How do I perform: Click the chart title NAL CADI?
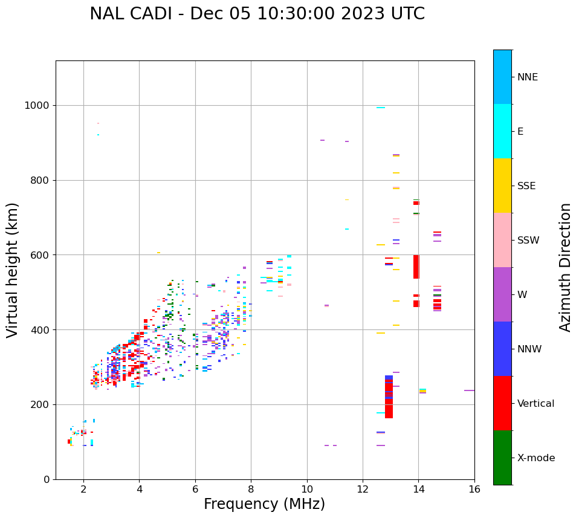pyautogui.click(x=257, y=14)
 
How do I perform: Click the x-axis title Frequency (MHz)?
pyautogui.click(x=264, y=504)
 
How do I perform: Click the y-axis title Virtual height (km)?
pyautogui.click(x=13, y=270)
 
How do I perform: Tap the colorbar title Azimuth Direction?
pyautogui.click(x=565, y=267)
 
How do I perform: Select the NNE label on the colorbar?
pyautogui.click(x=527, y=77)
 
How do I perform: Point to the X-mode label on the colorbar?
pyautogui.click(x=535, y=458)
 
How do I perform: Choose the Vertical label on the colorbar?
pyautogui.click(x=535, y=404)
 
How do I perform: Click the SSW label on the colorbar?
pyautogui.click(x=528, y=241)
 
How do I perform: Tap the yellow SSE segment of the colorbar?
pyautogui.click(x=502, y=186)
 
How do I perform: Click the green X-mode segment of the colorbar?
pyautogui.click(x=502, y=458)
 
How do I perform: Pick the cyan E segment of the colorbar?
pyautogui.click(x=502, y=131)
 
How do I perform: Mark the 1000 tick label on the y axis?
pyautogui.click(x=37, y=106)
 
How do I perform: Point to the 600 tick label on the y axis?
pyautogui.click(x=40, y=255)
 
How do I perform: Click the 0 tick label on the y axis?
pyautogui.click(x=47, y=479)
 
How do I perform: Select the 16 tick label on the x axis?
pyautogui.click(x=474, y=489)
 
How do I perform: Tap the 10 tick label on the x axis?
pyautogui.click(x=307, y=489)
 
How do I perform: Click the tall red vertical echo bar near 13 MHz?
pyautogui.click(x=389, y=398)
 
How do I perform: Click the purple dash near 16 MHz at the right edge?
pyautogui.click(x=469, y=390)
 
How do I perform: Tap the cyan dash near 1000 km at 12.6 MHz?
pyautogui.click(x=381, y=108)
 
